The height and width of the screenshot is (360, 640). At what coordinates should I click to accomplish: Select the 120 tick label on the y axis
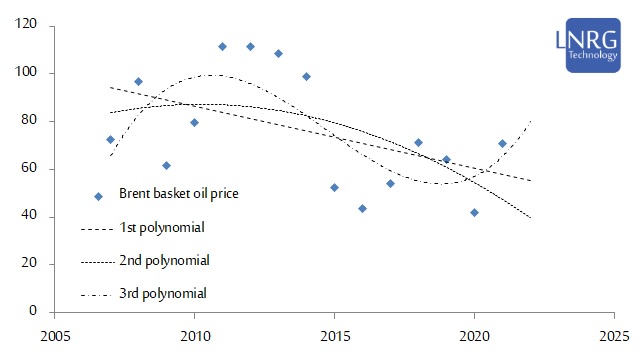(33, 25)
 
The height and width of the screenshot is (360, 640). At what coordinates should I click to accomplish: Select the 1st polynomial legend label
(162, 228)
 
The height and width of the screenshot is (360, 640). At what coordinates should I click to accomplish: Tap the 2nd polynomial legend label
(163, 261)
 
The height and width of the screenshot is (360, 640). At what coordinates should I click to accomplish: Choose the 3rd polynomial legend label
(163, 294)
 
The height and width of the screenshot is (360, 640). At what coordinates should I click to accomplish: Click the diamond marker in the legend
(98, 197)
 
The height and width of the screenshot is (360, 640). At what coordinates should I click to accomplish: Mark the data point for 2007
(110, 139)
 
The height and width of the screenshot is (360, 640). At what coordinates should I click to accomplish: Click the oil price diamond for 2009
(166, 165)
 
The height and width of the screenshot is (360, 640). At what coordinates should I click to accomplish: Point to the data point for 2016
(362, 208)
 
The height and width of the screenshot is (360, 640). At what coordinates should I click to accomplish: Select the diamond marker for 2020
(474, 212)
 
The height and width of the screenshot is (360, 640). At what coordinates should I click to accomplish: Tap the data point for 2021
(502, 143)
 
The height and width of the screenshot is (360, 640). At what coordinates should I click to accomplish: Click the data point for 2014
(306, 76)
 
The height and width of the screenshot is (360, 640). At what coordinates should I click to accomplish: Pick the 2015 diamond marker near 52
(334, 187)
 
